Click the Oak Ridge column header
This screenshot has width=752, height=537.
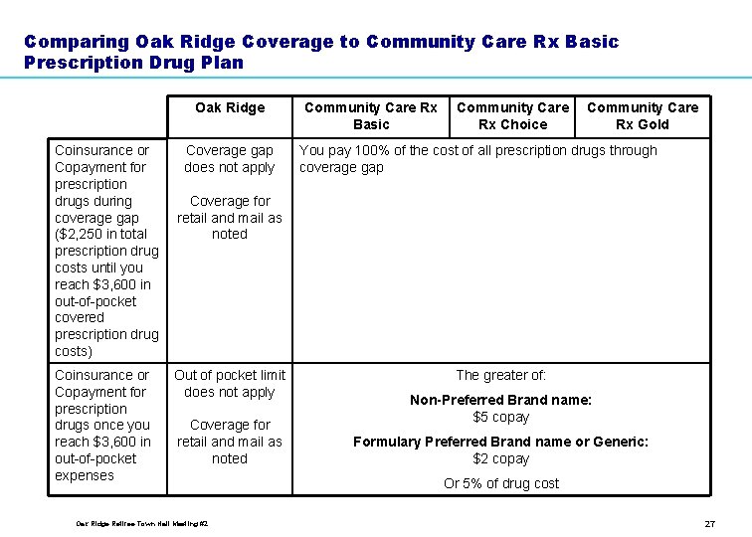(230, 107)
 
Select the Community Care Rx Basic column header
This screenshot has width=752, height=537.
(370, 115)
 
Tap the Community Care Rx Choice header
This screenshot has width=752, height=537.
(512, 115)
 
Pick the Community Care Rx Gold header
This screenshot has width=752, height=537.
(643, 115)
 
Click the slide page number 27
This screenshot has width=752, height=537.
(709, 523)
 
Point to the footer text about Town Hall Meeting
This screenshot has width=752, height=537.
(141, 523)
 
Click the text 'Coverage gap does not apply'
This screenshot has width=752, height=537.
(230, 159)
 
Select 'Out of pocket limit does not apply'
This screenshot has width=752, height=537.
(230, 383)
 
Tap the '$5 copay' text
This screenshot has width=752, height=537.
(501, 417)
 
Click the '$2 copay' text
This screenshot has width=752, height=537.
(501, 458)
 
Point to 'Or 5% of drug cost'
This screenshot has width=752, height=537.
(501, 483)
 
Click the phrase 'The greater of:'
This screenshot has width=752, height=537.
(501, 375)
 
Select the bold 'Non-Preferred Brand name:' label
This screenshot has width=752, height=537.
(501, 400)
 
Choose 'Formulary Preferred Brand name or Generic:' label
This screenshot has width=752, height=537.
(501, 442)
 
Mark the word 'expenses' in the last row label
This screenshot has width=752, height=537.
(85, 475)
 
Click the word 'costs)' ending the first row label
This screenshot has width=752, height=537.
(74, 352)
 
